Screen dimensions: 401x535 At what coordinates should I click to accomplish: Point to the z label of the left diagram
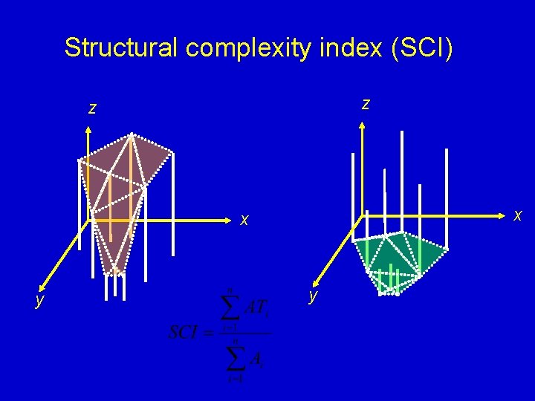tap(92, 108)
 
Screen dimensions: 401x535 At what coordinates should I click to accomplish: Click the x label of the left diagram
tap(244, 220)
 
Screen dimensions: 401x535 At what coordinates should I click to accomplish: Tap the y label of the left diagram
tap(39, 299)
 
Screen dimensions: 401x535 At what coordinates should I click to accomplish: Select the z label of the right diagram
tap(366, 104)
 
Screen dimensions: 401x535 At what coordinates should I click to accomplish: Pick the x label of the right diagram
tap(518, 215)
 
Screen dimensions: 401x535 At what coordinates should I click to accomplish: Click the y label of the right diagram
tap(314, 295)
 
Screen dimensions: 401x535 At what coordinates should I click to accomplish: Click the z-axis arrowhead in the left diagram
tap(88, 131)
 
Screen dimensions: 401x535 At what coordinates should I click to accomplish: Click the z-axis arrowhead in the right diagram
tap(362, 127)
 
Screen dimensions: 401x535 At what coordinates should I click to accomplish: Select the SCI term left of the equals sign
tap(183, 332)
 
